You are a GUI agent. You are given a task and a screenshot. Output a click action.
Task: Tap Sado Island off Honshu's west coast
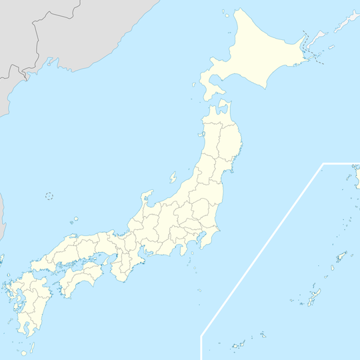173,178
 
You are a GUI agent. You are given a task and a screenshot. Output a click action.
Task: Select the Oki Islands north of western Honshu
75,219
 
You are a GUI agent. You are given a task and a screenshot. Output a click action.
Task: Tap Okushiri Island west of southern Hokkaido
196,86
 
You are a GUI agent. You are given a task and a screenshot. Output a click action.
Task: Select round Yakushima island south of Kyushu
23,353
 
